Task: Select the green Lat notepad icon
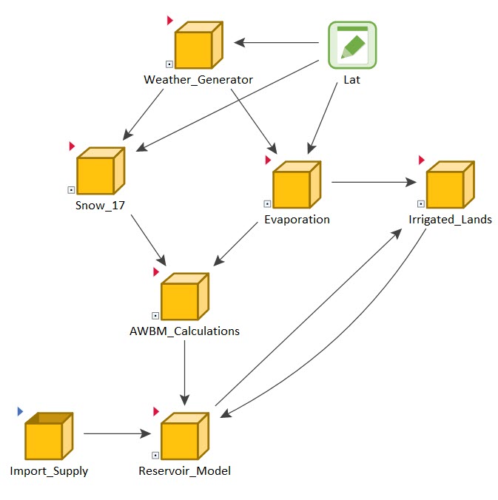pyautogui.click(x=352, y=45)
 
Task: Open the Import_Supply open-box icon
pyautogui.click(x=47, y=437)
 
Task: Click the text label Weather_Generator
pyautogui.click(x=198, y=80)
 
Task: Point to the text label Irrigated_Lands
pyautogui.click(x=450, y=220)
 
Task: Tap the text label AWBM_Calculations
pyautogui.click(x=184, y=331)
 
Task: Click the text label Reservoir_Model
pyautogui.click(x=184, y=470)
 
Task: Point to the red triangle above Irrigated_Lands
pyautogui.click(x=422, y=160)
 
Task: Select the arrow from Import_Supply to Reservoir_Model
pyautogui.click(x=118, y=433)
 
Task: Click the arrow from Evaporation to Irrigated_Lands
pyautogui.click(x=374, y=182)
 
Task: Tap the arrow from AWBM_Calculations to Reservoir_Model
pyautogui.click(x=185, y=370)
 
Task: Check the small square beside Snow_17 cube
pyautogui.click(x=71, y=190)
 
